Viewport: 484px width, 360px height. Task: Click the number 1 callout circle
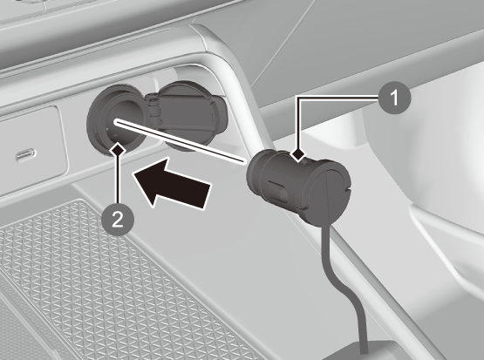[x=394, y=98]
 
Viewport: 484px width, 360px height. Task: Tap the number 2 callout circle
[x=118, y=221]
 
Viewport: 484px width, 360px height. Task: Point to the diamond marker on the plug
[x=298, y=154]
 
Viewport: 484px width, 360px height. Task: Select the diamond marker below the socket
[x=118, y=150]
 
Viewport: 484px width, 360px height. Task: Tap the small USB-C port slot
[x=26, y=154]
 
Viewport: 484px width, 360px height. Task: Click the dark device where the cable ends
[x=361, y=350]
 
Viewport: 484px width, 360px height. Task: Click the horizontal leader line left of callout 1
[x=338, y=98]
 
